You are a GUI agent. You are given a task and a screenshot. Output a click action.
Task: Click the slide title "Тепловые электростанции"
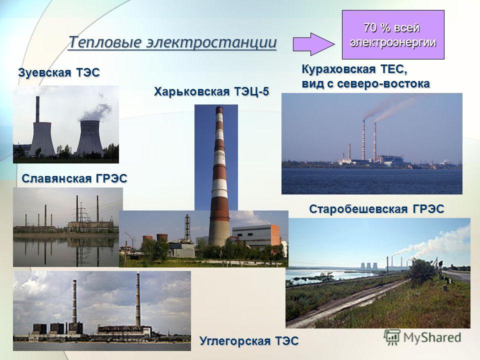172,42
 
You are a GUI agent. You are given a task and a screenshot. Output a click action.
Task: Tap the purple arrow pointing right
313,44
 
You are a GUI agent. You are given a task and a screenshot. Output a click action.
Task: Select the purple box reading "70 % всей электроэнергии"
393,34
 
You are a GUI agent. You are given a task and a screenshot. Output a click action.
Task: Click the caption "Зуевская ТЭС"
59,72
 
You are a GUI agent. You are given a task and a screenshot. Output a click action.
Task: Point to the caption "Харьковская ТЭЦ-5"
211,91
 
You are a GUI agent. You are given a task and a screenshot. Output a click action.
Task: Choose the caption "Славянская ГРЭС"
74,178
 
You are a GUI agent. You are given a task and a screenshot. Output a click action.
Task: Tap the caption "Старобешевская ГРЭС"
376,209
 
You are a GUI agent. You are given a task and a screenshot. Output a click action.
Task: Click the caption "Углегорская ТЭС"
249,340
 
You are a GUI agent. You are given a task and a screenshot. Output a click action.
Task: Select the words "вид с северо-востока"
366,83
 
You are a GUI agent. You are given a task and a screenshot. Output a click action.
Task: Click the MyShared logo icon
392,337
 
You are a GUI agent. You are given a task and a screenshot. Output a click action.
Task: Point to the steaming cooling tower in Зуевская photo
89,138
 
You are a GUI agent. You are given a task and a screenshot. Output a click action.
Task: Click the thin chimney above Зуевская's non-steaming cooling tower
37,109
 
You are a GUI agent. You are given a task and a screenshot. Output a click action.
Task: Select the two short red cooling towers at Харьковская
155,239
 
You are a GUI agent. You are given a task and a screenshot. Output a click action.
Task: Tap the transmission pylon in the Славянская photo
81,214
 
